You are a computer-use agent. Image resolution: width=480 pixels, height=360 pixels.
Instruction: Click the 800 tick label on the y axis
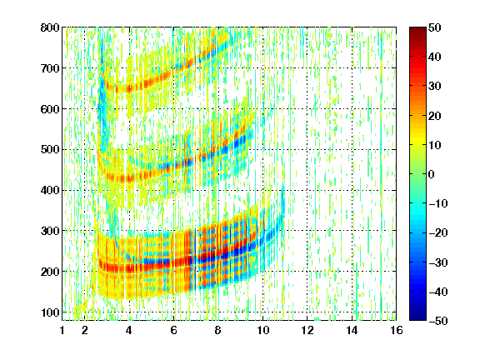pos(50,27)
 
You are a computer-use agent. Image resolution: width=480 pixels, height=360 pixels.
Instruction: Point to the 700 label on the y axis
pos(50,68)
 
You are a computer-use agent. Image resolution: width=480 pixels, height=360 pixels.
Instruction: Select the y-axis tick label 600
pos(50,109)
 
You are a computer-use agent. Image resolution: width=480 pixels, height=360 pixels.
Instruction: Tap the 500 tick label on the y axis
pos(50,150)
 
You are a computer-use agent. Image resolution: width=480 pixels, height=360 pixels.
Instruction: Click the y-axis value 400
pos(50,190)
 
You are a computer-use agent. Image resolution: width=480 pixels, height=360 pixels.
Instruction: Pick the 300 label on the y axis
pos(50,231)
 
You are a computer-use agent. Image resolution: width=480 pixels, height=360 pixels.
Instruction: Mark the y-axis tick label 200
pos(50,272)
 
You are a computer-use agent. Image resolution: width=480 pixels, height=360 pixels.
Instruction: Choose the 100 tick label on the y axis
pos(50,312)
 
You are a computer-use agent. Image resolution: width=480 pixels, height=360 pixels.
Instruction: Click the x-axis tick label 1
pos(62,330)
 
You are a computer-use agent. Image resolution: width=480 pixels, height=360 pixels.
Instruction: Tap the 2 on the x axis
pos(85,330)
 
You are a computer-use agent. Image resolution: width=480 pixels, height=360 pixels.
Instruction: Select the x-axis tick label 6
pos(174,330)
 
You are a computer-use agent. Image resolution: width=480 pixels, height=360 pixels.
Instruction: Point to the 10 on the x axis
pos(262,330)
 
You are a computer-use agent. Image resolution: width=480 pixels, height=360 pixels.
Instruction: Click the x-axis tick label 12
pos(307,330)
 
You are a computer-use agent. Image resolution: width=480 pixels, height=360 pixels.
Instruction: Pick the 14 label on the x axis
pos(352,330)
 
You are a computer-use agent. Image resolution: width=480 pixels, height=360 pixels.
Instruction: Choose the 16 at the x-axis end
pos(397,330)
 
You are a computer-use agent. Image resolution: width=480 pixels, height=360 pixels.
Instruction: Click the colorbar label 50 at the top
pos(434,27)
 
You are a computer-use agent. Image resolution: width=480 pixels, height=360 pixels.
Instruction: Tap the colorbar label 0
pos(431,174)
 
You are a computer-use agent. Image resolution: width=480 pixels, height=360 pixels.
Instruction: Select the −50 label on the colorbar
pos(438,321)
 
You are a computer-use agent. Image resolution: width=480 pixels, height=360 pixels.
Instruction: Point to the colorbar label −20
pos(438,233)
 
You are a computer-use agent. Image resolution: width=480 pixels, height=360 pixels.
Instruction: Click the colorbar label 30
pos(434,87)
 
